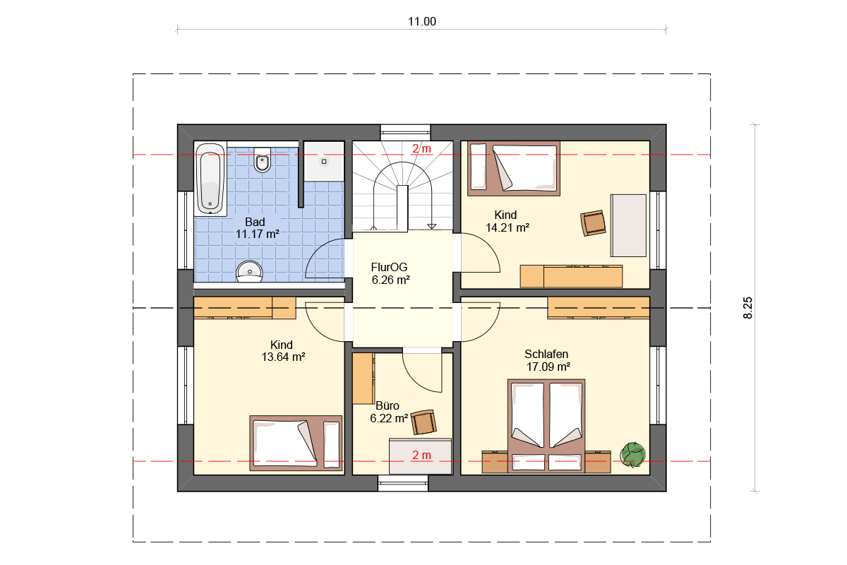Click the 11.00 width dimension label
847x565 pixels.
(x=421, y=22)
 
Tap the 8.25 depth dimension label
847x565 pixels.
(x=747, y=308)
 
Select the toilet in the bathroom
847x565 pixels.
(x=262, y=160)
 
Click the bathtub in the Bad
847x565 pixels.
(x=210, y=179)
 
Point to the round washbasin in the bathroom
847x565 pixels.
(x=250, y=271)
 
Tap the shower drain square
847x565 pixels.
(x=324, y=162)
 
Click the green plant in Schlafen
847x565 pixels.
(x=632, y=455)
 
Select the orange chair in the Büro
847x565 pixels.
(x=423, y=422)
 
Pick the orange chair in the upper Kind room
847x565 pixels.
(x=593, y=223)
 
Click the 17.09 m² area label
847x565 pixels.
(x=548, y=367)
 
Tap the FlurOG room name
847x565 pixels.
(x=389, y=267)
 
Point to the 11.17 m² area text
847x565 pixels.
(x=257, y=234)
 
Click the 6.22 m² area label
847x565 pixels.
(x=389, y=418)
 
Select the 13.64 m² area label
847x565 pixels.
(x=283, y=357)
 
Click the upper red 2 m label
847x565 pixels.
(x=421, y=149)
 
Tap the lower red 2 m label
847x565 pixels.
(x=421, y=455)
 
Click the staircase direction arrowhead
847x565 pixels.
(x=432, y=226)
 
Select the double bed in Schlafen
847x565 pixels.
(x=546, y=426)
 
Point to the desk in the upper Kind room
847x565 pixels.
(x=628, y=225)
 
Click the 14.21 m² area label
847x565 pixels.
(x=507, y=227)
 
